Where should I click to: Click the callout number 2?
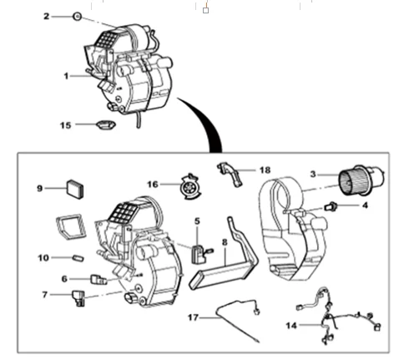pos(47,16)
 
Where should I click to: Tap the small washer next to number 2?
pos(76,16)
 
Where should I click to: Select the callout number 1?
pos(66,74)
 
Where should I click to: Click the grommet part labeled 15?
pos(104,125)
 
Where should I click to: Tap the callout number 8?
pos(224,243)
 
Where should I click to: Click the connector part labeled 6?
pos(98,280)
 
